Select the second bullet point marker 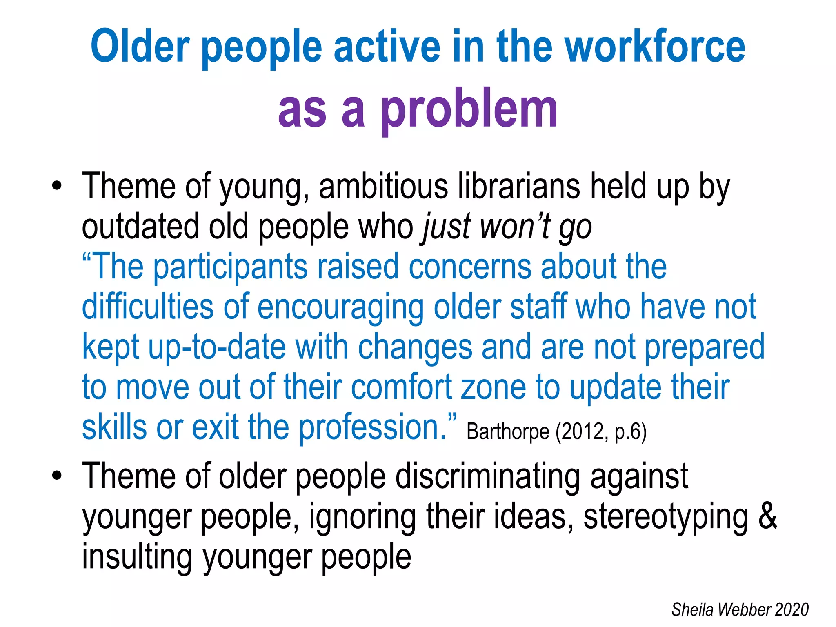[57, 476]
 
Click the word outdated [140, 227]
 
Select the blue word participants [230, 267]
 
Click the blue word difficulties [148, 307]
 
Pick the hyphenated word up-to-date [216, 347]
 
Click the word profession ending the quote [372, 427]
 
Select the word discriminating [488, 476]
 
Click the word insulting [137, 557]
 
